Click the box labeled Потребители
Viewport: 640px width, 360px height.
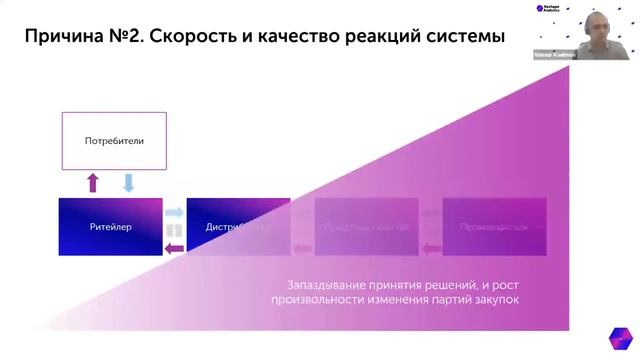tap(114, 141)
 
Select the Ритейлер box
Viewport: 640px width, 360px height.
tap(110, 226)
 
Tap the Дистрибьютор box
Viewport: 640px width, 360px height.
tap(238, 226)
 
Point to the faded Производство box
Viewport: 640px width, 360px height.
tap(366, 226)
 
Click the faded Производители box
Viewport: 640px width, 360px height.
tap(494, 226)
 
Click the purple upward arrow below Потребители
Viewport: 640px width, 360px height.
tap(93, 183)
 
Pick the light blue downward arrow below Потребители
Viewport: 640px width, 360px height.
tap(128, 183)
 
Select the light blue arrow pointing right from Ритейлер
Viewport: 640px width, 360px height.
tap(174, 213)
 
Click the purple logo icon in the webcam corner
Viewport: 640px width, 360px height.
tap(540, 8)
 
